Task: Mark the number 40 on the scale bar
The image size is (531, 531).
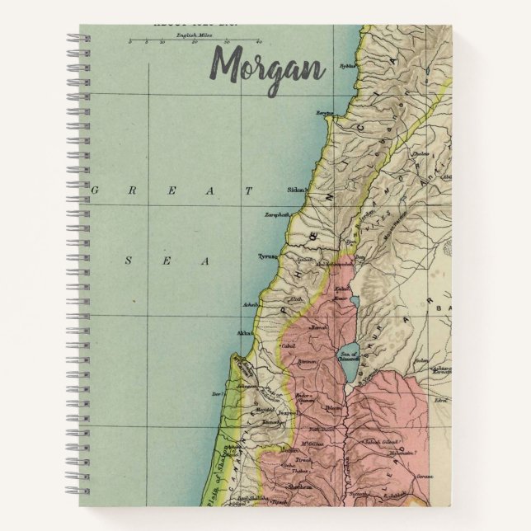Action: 260,40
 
